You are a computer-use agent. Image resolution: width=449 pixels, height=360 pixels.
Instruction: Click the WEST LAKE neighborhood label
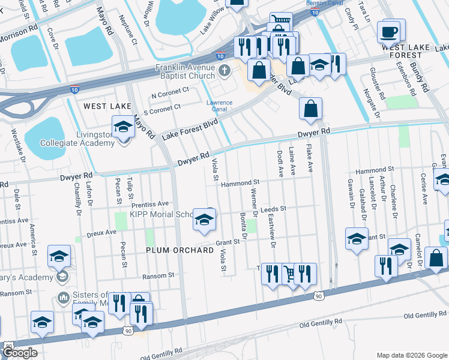tap(107, 106)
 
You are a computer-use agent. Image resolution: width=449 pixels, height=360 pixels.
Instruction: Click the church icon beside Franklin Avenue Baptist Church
tap(224, 71)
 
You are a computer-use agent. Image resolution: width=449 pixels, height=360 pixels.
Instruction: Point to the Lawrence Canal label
tap(219, 106)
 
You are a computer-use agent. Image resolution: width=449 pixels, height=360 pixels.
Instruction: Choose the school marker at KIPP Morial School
tap(204, 220)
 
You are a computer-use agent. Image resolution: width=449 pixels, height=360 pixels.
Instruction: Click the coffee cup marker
tap(389, 31)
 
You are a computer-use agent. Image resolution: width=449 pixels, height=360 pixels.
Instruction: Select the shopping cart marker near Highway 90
tap(290, 274)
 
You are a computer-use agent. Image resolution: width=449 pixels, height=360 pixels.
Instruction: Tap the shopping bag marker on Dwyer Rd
tap(310, 109)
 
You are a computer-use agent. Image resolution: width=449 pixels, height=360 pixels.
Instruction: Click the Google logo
tap(20, 353)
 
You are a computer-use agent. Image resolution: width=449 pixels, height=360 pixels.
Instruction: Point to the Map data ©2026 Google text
tap(411, 355)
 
